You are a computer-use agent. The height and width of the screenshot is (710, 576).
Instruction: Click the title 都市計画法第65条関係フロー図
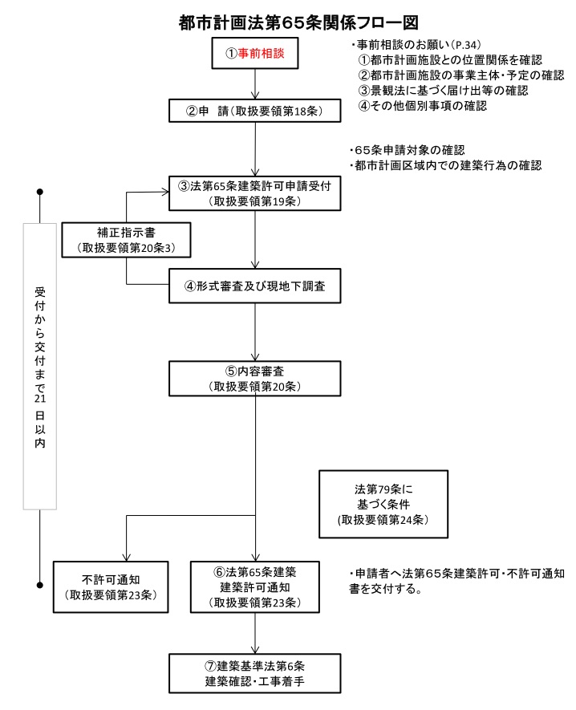point(288,21)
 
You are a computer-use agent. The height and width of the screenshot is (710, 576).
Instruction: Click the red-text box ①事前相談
point(255,55)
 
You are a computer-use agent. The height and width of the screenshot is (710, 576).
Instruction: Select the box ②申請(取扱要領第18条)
point(255,111)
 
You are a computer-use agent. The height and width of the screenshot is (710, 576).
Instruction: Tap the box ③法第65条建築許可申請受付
point(255,193)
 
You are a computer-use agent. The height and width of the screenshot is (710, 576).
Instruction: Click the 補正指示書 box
point(126,240)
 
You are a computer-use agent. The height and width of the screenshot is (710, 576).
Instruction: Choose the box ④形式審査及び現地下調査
point(255,286)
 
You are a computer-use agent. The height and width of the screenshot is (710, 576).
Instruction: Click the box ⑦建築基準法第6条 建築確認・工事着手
point(255,675)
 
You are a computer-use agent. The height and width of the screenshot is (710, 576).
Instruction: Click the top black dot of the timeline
point(40,193)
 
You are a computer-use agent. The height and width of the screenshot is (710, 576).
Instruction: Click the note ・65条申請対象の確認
point(407,150)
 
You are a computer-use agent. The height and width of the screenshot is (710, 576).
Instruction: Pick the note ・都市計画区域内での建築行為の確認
point(445,166)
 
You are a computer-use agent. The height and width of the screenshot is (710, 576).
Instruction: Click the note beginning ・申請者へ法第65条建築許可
point(457,574)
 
